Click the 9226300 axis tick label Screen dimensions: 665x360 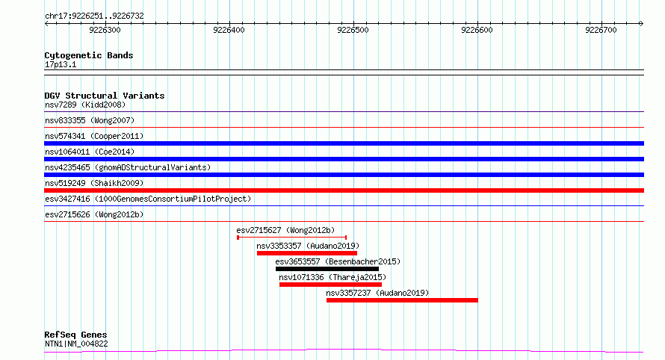[x=105, y=30]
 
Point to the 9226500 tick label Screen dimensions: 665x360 [x=353, y=30]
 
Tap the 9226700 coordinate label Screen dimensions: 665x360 [x=601, y=30]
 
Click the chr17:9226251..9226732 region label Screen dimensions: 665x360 [x=94, y=16]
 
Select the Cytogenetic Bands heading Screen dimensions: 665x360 [x=89, y=55]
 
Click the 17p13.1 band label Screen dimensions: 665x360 [x=61, y=64]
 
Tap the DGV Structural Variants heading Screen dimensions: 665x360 [x=105, y=96]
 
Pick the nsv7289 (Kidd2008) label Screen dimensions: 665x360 [x=85, y=105]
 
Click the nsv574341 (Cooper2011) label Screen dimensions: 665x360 [x=94, y=136]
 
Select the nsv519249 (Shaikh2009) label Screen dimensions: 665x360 [x=94, y=183]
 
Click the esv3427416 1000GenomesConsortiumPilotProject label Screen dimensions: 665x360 [x=148, y=199]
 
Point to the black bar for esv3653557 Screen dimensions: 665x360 [x=327, y=269]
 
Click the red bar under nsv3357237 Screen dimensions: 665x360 [x=402, y=300]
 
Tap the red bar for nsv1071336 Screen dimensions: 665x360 [x=330, y=285]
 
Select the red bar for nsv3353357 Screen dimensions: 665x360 [x=306, y=253]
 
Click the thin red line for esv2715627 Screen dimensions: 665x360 [x=292, y=238]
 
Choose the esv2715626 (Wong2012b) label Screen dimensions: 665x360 [x=94, y=214]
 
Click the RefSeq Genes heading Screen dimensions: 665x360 [x=75, y=335]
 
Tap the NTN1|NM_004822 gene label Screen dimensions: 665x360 [x=76, y=344]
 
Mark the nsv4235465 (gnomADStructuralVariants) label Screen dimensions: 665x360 [x=128, y=167]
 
